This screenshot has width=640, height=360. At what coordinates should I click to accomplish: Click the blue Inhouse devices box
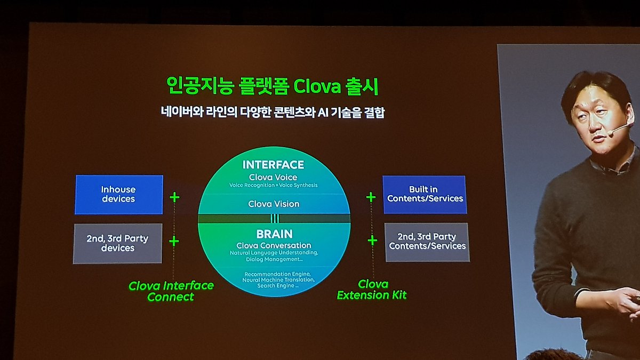click(x=119, y=195)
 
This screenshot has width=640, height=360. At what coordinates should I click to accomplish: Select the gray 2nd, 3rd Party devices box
click(x=118, y=243)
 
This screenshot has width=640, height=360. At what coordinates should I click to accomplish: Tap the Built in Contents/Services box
click(x=425, y=195)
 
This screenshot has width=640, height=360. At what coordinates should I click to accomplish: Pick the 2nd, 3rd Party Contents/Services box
click(x=427, y=242)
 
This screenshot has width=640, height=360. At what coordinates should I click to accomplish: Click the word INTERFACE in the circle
click(x=274, y=165)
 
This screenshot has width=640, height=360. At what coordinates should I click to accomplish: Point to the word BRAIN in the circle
click(x=274, y=234)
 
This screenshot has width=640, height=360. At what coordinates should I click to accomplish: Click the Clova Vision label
click(x=274, y=204)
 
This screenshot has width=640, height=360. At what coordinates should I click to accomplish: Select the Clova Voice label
click(x=273, y=178)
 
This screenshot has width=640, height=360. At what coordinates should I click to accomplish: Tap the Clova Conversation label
click(x=274, y=245)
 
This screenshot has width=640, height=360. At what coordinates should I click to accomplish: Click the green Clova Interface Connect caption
click(x=171, y=291)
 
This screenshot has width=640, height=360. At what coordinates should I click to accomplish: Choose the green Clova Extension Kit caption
click(x=372, y=290)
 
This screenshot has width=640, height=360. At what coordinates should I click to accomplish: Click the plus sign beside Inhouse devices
click(x=174, y=197)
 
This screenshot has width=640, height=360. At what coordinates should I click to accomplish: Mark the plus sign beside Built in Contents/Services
click(x=371, y=197)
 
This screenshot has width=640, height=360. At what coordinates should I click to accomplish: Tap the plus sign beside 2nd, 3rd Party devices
click(x=174, y=242)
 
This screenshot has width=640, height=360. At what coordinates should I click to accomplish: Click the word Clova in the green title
click(x=317, y=86)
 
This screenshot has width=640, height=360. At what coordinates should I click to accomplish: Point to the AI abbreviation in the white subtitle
click(x=323, y=113)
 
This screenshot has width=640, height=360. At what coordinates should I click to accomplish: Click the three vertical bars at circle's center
click(x=275, y=219)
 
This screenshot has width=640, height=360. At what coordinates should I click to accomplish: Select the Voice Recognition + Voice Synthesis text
click(x=274, y=185)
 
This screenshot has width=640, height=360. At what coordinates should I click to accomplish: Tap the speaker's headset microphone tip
click(x=610, y=133)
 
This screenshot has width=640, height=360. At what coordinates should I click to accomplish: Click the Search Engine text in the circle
click(x=276, y=286)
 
